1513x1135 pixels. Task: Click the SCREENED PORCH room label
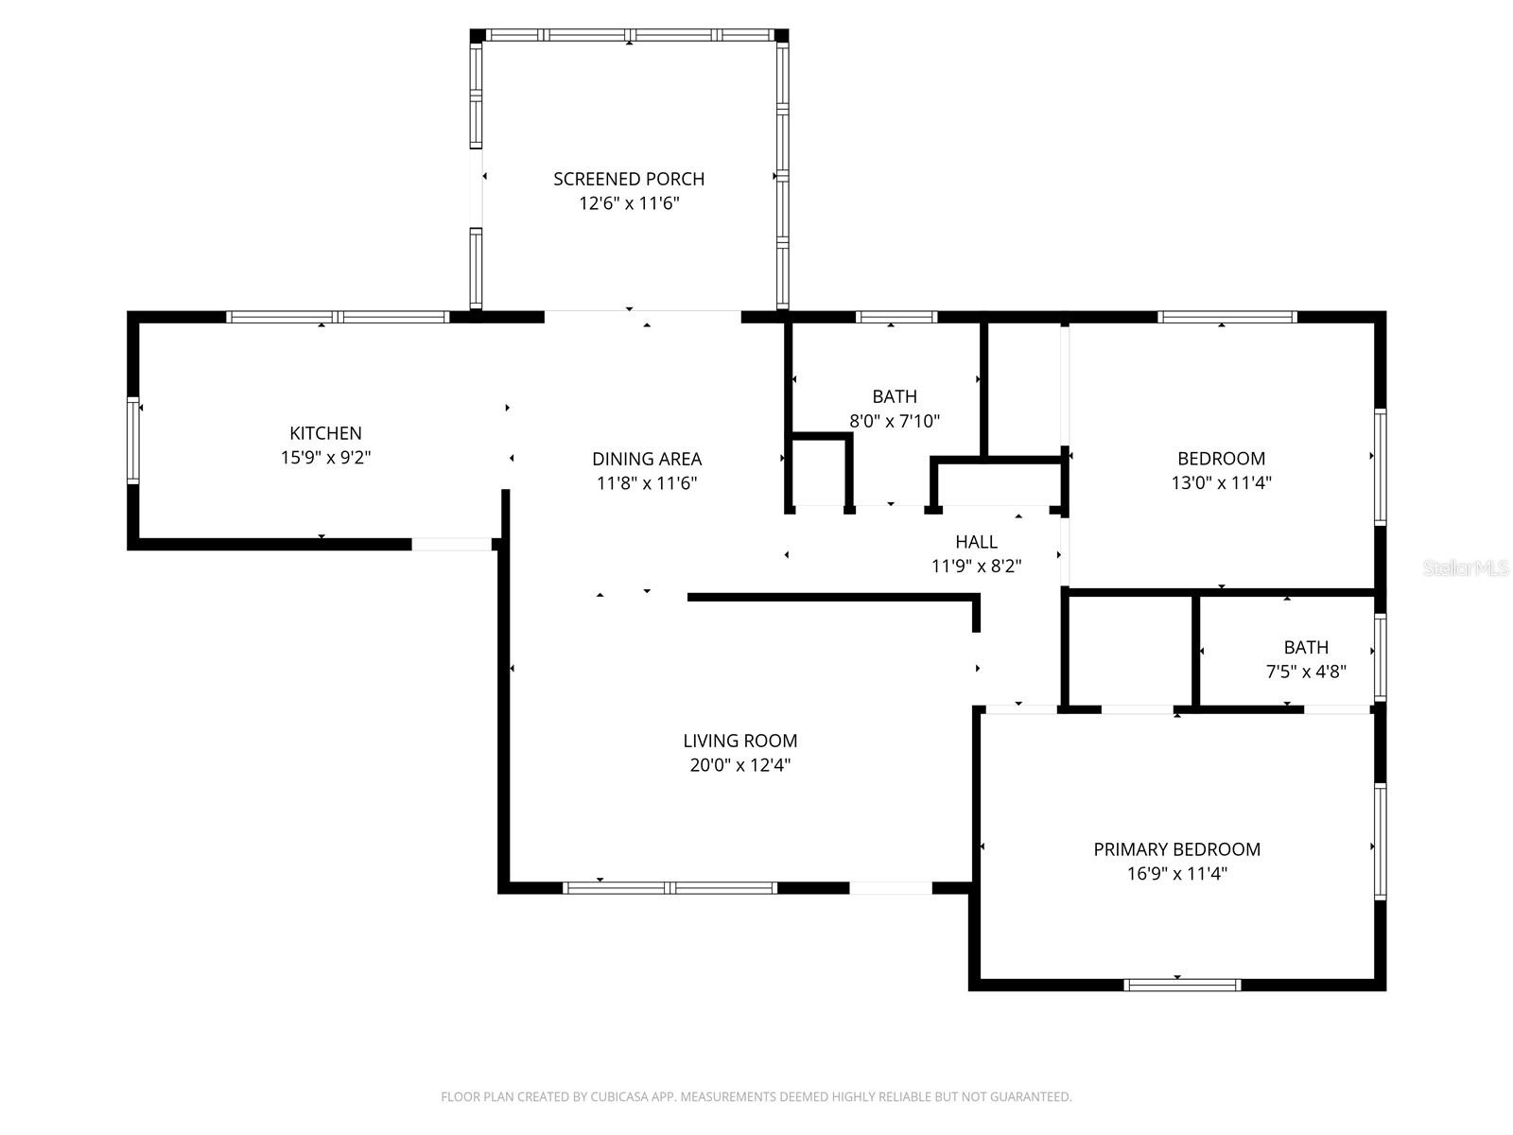pyautogui.click(x=629, y=179)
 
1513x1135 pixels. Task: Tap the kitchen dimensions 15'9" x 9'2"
pyautogui.click(x=325, y=458)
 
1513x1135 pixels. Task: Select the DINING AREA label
pyautogui.click(x=647, y=459)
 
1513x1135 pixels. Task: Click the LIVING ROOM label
pyautogui.click(x=740, y=741)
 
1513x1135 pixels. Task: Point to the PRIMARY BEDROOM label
pyautogui.click(x=1176, y=849)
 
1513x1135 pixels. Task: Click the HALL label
pyautogui.click(x=976, y=542)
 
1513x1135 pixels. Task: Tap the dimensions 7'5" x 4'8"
pyautogui.click(x=1306, y=672)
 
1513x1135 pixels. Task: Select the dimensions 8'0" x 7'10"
pyautogui.click(x=895, y=421)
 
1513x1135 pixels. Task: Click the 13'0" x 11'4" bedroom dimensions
pyautogui.click(x=1221, y=482)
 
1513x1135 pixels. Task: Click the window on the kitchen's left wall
pyautogui.click(x=133, y=441)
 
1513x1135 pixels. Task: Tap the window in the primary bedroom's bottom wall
pyautogui.click(x=1182, y=985)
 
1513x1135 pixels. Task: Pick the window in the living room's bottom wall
pyautogui.click(x=670, y=888)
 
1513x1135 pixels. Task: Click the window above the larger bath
pyautogui.click(x=896, y=317)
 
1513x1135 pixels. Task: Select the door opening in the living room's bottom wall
pyautogui.click(x=891, y=888)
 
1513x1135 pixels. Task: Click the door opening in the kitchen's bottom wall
pyautogui.click(x=451, y=544)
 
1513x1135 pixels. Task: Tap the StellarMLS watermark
pyautogui.click(x=1466, y=567)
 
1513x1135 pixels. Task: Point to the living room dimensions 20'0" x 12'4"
pyautogui.click(x=740, y=765)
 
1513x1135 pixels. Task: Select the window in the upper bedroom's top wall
pyautogui.click(x=1226, y=317)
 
